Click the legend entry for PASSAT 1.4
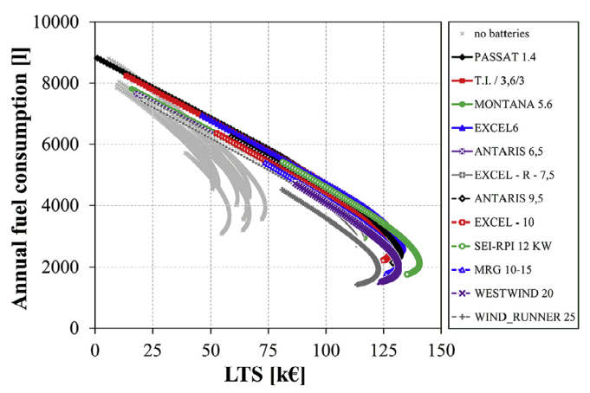[x=514, y=57]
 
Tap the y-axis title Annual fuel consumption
[x=19, y=174]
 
